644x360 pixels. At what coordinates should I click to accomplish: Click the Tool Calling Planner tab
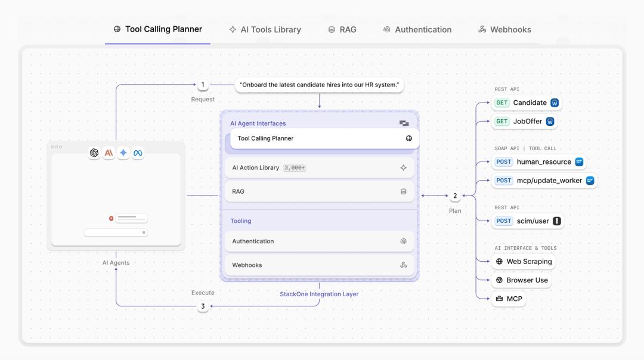click(157, 29)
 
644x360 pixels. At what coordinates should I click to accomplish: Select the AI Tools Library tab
click(265, 30)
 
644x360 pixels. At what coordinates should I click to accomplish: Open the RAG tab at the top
click(342, 30)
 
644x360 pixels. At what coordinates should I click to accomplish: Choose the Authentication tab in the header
click(417, 30)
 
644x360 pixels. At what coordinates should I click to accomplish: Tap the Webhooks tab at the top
click(505, 30)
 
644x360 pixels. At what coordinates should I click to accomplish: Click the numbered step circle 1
click(203, 85)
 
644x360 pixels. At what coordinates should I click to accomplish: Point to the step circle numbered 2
click(454, 196)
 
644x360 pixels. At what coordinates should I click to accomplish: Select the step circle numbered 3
click(203, 306)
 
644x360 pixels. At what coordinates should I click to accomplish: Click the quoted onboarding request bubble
click(319, 85)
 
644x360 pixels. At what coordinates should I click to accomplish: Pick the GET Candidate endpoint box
click(527, 103)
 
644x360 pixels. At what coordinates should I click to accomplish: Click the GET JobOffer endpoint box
click(525, 122)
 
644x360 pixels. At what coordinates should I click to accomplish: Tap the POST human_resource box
click(539, 162)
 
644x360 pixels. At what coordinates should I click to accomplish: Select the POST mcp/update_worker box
click(544, 181)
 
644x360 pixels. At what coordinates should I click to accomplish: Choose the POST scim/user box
click(528, 221)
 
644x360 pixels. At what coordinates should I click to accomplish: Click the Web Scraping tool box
click(524, 262)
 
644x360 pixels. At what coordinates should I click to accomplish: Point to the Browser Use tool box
click(522, 280)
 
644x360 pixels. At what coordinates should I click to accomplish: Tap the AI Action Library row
click(319, 167)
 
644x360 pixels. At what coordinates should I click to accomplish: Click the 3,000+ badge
click(295, 168)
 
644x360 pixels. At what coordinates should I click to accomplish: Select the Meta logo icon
click(138, 153)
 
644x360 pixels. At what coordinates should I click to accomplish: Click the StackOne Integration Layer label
click(319, 294)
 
